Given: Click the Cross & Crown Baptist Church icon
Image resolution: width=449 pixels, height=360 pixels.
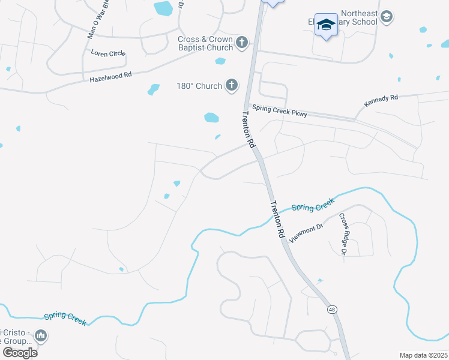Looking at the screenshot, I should click(x=241, y=41).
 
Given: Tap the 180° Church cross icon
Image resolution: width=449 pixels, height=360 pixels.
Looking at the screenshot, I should click(x=232, y=86).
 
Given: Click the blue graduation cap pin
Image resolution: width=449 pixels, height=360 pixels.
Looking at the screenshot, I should click(x=326, y=25).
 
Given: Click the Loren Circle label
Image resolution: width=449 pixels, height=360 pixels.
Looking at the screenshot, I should click(x=107, y=53).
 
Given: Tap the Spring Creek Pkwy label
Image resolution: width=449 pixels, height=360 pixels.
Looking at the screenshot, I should click(x=279, y=110).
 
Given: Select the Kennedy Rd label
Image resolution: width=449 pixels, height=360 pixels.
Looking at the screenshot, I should click(x=381, y=100).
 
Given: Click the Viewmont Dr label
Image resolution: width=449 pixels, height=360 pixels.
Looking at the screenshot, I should click(x=306, y=232).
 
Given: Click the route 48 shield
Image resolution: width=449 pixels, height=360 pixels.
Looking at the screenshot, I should click(x=331, y=310).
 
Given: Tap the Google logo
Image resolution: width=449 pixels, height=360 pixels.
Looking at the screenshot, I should click(x=19, y=352).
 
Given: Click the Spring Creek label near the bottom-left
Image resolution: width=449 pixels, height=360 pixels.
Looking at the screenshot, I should click(x=65, y=318).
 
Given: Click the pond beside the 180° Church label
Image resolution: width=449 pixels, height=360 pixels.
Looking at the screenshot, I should click(x=154, y=89).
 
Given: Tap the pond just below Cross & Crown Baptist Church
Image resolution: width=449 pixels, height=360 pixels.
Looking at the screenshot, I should click(x=220, y=61).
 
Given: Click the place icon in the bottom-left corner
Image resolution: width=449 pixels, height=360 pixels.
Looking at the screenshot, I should click(x=40, y=335).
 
